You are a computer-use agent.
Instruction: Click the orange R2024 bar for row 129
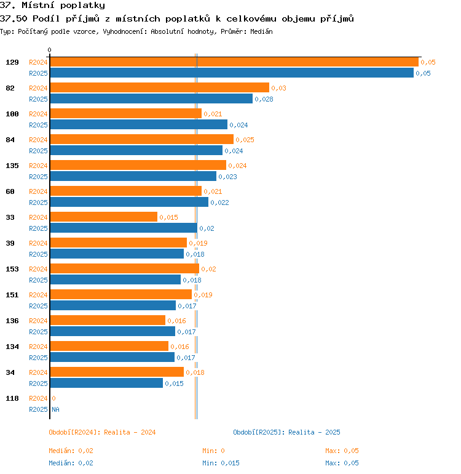[x=234, y=62]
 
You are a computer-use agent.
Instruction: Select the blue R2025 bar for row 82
[x=151, y=98]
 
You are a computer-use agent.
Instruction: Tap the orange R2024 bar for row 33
[x=103, y=217]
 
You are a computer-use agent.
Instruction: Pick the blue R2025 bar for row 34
[x=106, y=383]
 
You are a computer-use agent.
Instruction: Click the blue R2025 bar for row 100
[x=138, y=124]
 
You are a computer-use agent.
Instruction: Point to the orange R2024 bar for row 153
[x=124, y=268]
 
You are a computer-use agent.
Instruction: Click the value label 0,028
[x=264, y=99]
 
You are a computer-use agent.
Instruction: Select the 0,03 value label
[x=278, y=88]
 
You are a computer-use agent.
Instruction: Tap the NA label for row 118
[x=55, y=409]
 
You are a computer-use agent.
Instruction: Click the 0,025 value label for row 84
[x=245, y=140]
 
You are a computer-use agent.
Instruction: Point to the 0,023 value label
[x=227, y=177]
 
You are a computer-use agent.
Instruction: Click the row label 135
[x=12, y=166]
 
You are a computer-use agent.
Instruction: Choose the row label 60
[x=10, y=191]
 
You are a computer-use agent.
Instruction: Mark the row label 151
[x=12, y=295]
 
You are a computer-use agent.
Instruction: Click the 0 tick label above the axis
[x=50, y=50]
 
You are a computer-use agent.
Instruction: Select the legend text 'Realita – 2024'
[x=130, y=432]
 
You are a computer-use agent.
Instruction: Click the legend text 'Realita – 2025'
[x=314, y=432]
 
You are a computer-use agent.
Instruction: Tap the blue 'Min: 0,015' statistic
[x=221, y=463]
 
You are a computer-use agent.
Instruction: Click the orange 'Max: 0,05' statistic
[x=342, y=451]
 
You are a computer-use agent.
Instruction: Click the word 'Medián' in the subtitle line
[x=261, y=31]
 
